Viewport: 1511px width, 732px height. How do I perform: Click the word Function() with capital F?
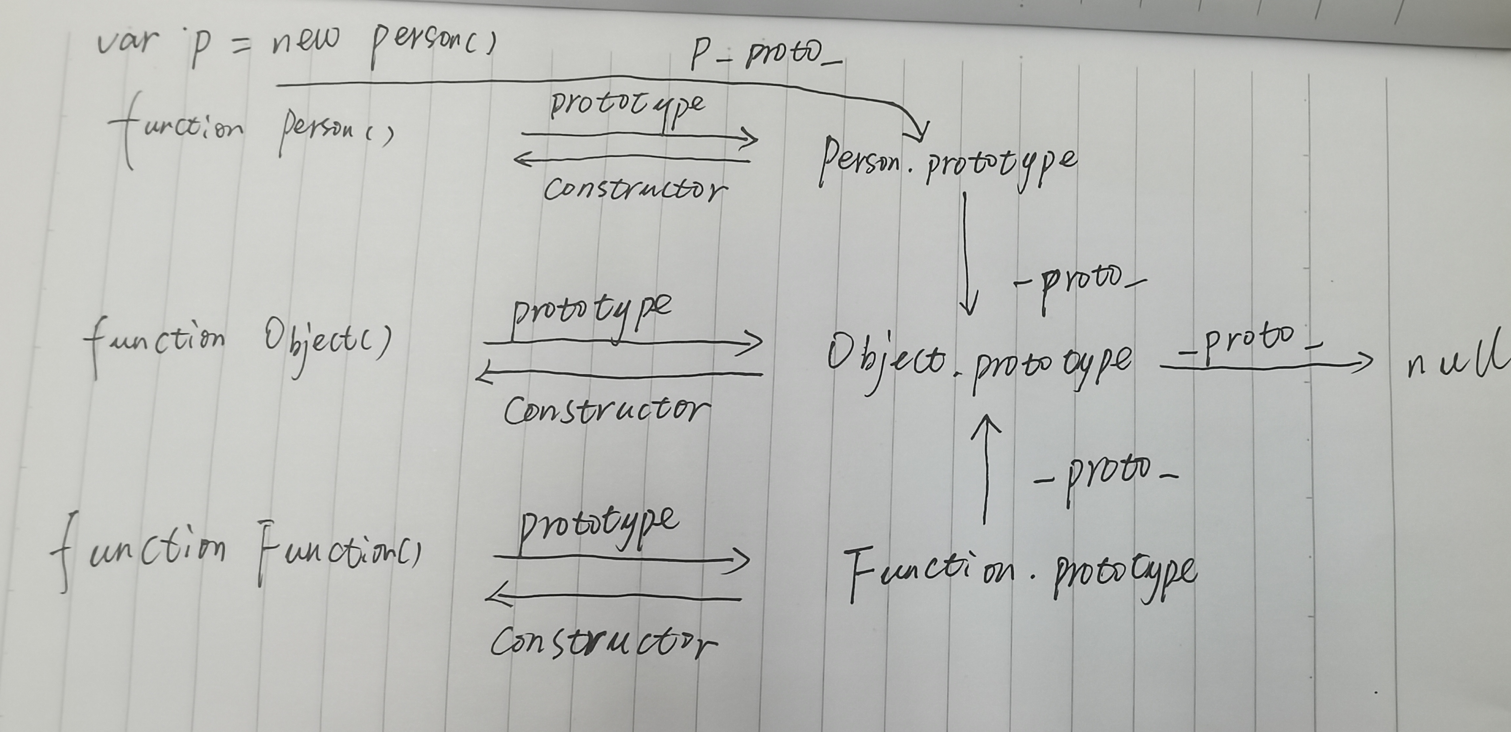[x=338, y=554]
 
